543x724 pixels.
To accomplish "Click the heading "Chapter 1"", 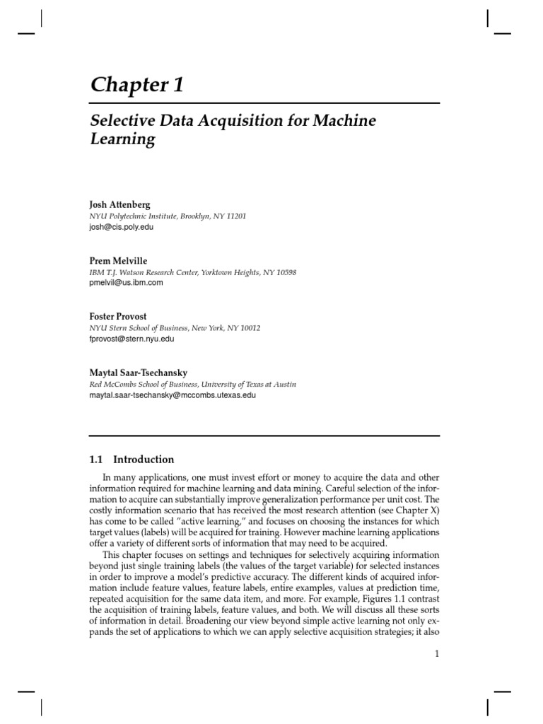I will [x=137, y=85].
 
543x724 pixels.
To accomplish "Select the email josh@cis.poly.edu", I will [x=122, y=227].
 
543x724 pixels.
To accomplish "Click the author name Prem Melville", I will [x=118, y=261].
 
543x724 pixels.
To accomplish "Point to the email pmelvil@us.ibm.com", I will [x=127, y=283].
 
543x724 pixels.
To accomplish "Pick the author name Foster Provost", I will [x=118, y=317].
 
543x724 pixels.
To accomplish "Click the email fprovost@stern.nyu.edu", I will [x=132, y=339].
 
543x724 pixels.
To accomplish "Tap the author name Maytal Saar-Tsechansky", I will [x=139, y=373].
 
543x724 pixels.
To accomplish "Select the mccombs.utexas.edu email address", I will [x=173, y=395].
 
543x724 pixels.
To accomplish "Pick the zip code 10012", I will [x=248, y=328].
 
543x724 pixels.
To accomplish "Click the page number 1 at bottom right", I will [x=437, y=654].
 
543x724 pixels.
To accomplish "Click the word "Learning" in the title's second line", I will [x=122, y=139].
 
